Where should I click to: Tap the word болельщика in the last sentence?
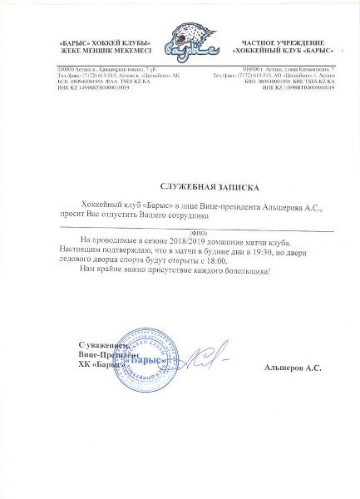coord(251,272)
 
